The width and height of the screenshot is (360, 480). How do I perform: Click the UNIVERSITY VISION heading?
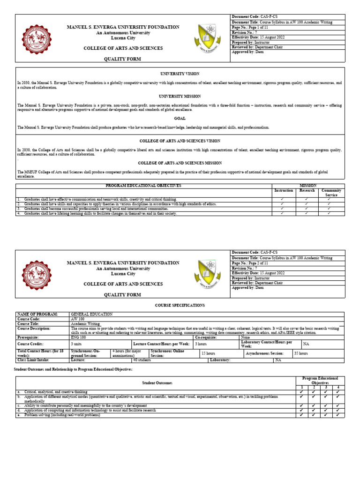click(180, 74)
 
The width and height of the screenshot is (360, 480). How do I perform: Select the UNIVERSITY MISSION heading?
click(180, 96)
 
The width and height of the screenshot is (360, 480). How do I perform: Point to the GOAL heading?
click(180, 118)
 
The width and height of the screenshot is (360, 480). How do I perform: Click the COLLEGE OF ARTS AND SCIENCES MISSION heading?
click(180, 163)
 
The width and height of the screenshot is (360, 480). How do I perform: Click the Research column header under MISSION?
click(307, 191)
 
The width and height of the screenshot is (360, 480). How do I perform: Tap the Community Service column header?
click(331, 193)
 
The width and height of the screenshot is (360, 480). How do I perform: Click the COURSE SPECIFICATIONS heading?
click(180, 305)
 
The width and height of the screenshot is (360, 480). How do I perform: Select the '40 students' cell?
click(142, 360)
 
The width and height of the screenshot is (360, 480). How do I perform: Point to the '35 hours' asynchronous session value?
click(301, 353)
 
